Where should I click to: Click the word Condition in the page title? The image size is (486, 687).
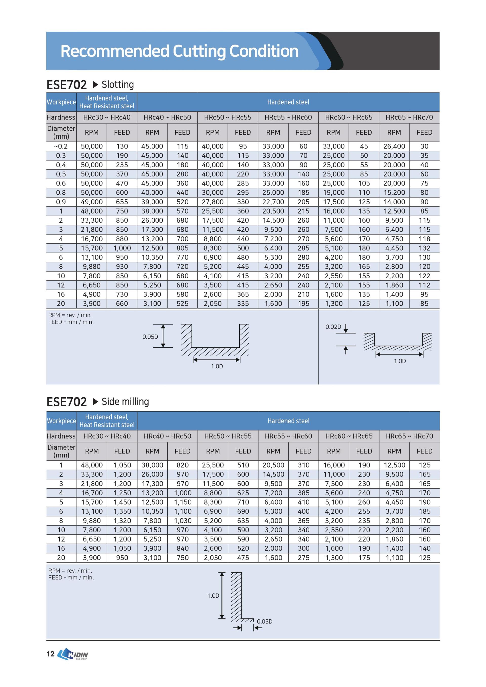(264, 51)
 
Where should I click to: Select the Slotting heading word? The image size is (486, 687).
(118, 85)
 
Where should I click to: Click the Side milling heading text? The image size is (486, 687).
(125, 402)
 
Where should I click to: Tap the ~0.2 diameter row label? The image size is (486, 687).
(61, 146)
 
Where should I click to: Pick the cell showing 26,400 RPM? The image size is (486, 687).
(394, 146)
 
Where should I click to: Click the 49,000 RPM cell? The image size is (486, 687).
(92, 202)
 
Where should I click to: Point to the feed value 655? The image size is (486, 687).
(122, 202)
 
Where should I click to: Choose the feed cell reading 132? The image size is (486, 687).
(424, 248)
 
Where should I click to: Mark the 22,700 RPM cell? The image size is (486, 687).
(273, 202)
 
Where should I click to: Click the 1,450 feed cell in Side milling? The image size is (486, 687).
(122, 502)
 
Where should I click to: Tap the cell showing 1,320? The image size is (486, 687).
(122, 521)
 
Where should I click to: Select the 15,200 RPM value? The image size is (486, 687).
(394, 193)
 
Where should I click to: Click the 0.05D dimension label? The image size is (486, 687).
(150, 337)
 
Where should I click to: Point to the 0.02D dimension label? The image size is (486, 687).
(333, 327)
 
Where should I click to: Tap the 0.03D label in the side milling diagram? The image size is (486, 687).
(265, 621)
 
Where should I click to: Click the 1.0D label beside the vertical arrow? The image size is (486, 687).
(213, 596)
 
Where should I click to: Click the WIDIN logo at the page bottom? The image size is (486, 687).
(73, 654)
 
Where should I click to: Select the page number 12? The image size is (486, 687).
(51, 654)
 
